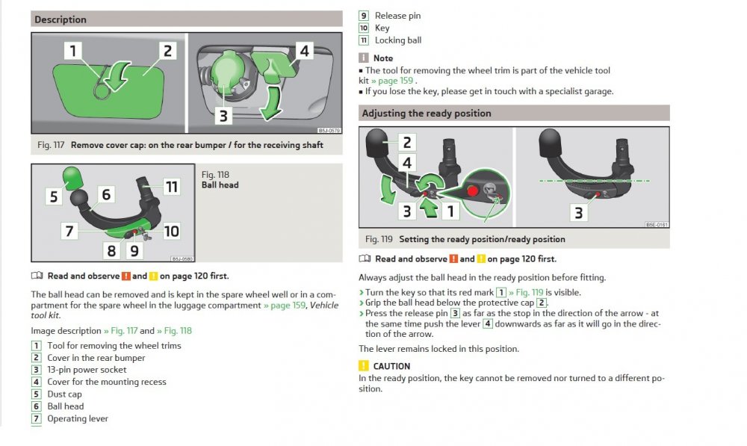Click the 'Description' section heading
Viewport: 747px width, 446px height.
tap(61, 19)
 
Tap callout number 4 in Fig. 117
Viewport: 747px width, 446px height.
tap(305, 51)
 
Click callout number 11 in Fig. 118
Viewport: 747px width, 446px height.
tap(172, 187)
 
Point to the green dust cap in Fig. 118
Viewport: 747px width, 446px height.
tap(72, 177)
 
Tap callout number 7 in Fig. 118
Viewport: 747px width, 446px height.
tap(69, 231)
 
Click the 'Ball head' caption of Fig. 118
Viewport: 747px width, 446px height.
tap(220, 185)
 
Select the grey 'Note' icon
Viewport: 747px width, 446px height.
tap(364, 58)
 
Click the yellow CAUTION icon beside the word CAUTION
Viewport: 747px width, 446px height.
tap(364, 365)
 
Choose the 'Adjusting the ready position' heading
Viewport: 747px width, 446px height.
tap(427, 114)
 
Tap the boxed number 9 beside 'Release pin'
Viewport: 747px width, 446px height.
tap(364, 16)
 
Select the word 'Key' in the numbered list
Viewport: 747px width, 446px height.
tap(382, 28)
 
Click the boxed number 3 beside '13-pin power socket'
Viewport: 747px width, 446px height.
tap(36, 370)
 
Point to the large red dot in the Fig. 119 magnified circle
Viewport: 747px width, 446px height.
tap(473, 191)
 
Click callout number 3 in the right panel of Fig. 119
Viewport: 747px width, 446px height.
tap(579, 213)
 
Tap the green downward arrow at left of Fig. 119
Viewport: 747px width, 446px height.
tap(388, 189)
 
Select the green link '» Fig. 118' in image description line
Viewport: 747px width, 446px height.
tap(174, 331)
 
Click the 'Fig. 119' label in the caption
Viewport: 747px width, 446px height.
tap(379, 239)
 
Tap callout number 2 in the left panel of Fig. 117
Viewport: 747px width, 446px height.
tap(167, 51)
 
